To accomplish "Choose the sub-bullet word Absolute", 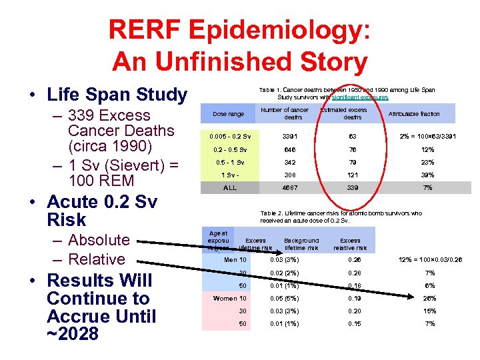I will point(99,240).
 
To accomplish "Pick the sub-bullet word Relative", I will point(97,259).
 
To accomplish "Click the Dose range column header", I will point(229,114).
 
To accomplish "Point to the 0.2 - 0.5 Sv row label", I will point(229,149).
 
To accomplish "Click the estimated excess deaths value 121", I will point(353,175).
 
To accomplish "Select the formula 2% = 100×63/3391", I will point(430,136).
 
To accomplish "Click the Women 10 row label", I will point(229,298).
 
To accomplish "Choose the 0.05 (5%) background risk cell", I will point(285,298).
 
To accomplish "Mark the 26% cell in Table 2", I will point(430,298).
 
